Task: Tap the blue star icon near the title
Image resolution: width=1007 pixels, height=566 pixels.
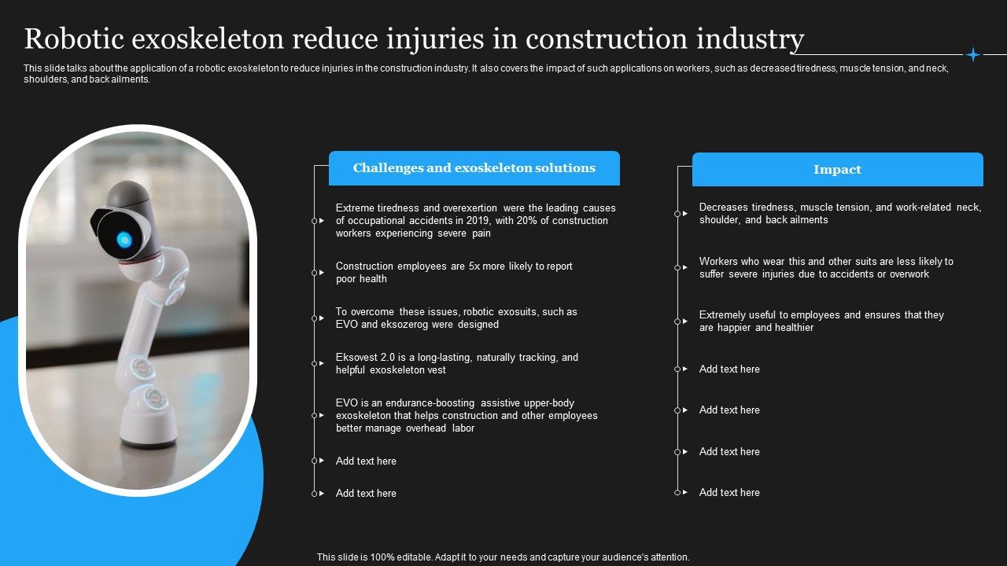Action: [x=973, y=54]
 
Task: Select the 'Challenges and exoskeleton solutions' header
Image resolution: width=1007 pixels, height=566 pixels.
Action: [x=474, y=168]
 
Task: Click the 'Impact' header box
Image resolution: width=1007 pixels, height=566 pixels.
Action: [x=837, y=170]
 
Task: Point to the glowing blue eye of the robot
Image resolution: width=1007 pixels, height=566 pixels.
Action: [x=124, y=239]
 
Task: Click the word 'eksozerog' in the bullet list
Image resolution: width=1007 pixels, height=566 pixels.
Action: [x=405, y=325]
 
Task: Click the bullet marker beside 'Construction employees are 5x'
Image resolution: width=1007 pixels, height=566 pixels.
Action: [x=315, y=273]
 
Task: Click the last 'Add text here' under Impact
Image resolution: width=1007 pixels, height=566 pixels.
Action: [x=729, y=493]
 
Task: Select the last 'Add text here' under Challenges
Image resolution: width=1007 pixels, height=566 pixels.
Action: [x=366, y=494]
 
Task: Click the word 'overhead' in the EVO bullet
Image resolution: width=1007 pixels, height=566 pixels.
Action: [x=427, y=428]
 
